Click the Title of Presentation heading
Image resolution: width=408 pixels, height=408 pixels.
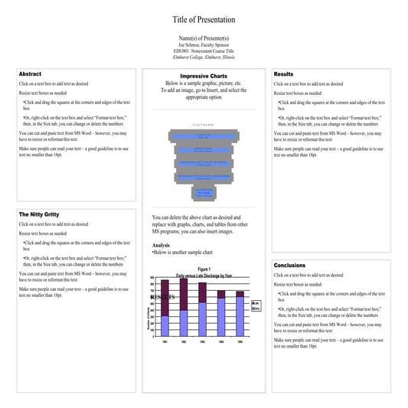204,19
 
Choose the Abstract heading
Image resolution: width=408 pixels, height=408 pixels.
30,74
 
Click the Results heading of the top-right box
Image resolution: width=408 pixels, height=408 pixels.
283,74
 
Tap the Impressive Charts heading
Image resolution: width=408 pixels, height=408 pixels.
204,76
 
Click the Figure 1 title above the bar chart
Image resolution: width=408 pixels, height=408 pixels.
203,269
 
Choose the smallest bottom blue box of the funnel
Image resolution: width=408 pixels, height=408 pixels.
203,192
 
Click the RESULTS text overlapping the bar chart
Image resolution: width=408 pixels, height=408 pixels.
162,296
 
